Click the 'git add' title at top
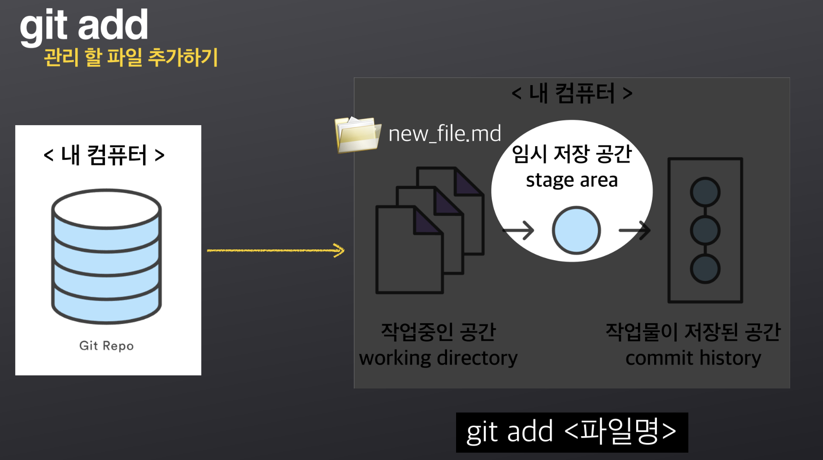pos(84,25)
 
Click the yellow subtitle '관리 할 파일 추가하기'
pos(131,58)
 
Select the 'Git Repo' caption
pos(106,346)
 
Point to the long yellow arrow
pos(275,250)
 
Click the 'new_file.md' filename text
pos(444,134)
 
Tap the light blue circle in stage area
pos(576,230)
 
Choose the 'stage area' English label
pos(572,180)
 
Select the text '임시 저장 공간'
pos(572,154)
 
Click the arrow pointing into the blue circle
pos(518,230)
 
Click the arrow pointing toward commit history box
pos(634,230)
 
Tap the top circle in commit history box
pos(705,193)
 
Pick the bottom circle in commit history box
pos(705,269)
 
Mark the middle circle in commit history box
pos(705,230)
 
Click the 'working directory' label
pos(438,358)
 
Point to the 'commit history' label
pos(693,358)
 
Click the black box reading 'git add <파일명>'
pos(572,432)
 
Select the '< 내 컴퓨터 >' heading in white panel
pos(104,155)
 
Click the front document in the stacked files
pos(405,257)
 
